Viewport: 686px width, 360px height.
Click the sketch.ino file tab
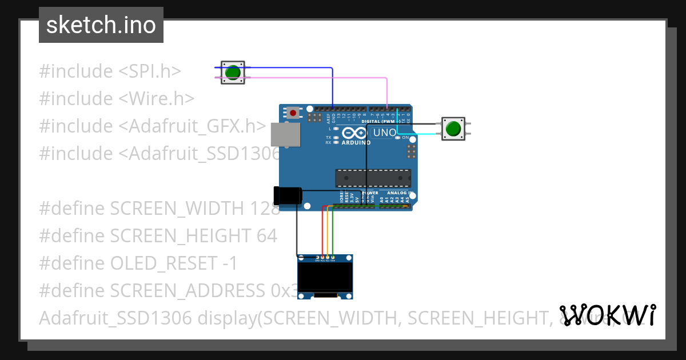click(101, 25)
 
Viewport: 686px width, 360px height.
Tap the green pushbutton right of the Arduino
click(453, 129)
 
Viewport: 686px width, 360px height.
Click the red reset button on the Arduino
click(293, 113)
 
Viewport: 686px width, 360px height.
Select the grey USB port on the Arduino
click(284, 134)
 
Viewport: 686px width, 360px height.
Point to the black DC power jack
click(287, 195)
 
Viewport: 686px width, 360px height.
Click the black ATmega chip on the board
click(373, 178)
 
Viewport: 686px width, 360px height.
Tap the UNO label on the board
click(384, 133)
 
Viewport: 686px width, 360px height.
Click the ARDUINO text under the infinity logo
click(356, 143)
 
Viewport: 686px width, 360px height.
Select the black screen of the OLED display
click(325, 276)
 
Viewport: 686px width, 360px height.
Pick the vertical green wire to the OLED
click(333, 234)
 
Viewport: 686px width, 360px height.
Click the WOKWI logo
click(608, 315)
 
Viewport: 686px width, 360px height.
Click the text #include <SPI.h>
click(110, 71)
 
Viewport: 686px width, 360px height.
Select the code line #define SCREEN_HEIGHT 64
click(158, 235)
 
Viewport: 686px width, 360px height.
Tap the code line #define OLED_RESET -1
click(138, 263)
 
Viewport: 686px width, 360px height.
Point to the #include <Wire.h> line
click(117, 99)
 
